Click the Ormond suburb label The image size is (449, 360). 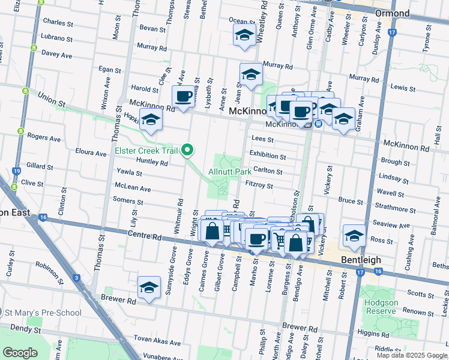tap(392, 13)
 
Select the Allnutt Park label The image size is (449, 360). tap(230, 172)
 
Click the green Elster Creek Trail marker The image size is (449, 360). tap(188, 150)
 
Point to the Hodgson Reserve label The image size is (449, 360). tap(381, 307)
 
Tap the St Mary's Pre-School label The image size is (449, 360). tap(42, 312)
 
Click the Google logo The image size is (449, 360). tap(20, 352)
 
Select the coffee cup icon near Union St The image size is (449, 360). tap(184, 96)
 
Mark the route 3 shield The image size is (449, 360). tap(77, 278)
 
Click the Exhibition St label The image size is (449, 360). tap(268, 155)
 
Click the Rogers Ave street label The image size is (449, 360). tap(44, 138)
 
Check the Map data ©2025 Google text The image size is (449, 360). tap(411, 355)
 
